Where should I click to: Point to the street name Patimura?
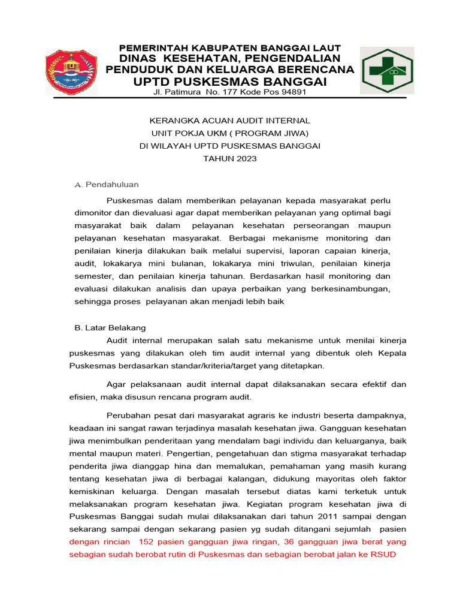click(183, 92)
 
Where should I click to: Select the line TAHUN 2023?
click(230, 158)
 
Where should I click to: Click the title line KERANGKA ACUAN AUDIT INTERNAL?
click(230, 121)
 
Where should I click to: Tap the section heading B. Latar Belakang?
click(110, 328)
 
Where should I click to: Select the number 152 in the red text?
click(147, 541)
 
